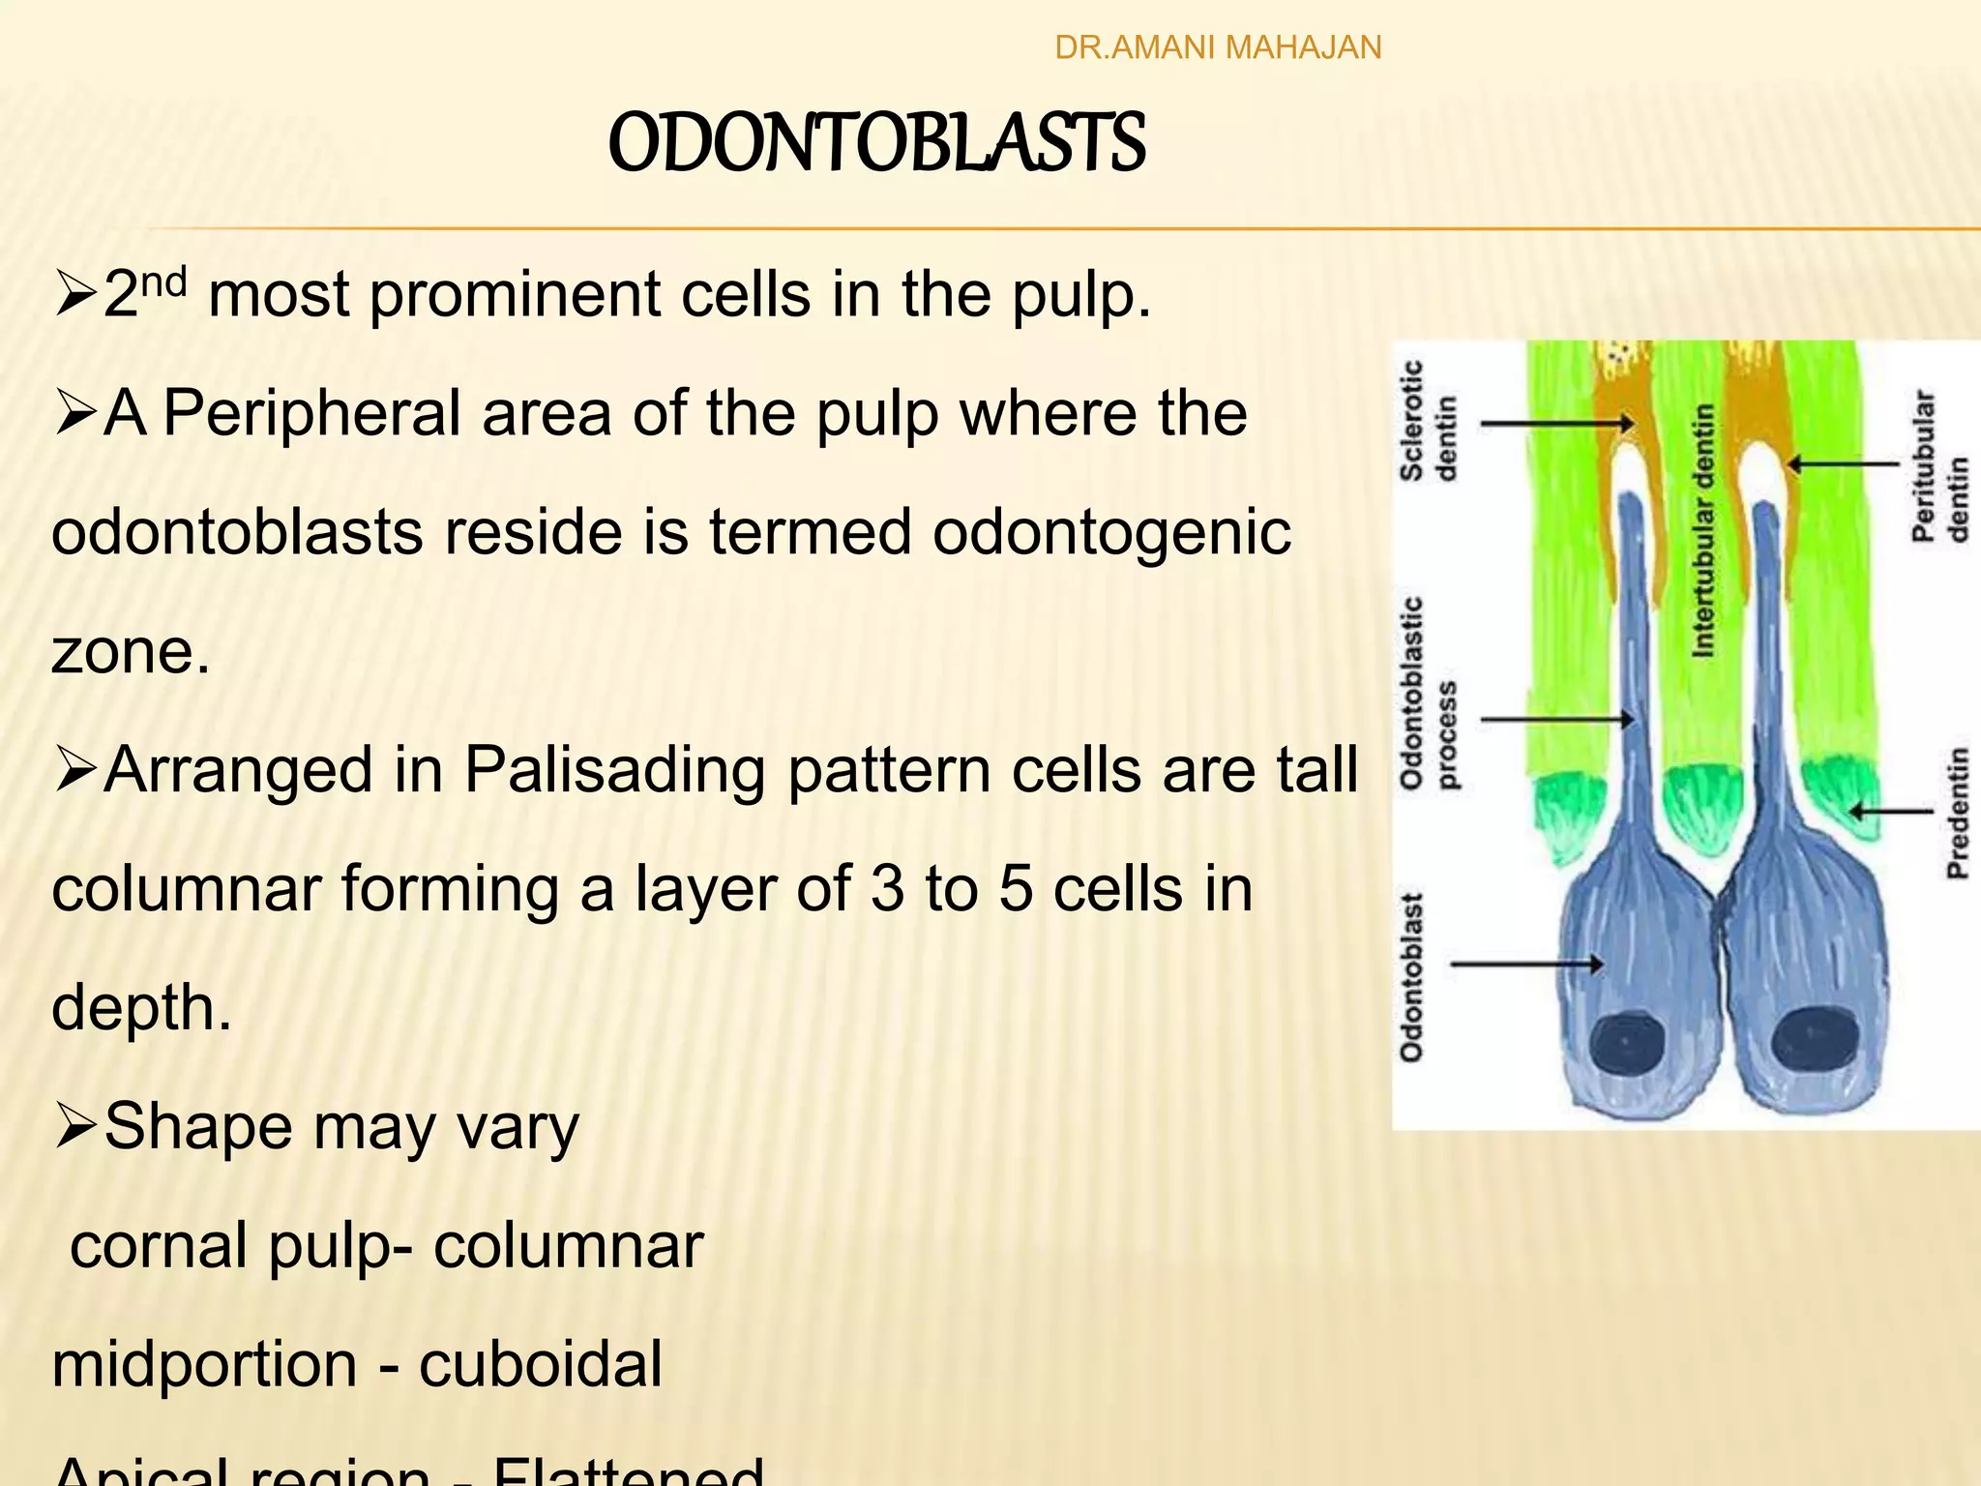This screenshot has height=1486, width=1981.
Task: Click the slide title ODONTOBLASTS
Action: [876, 143]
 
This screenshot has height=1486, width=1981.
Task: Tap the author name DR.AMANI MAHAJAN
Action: [1218, 47]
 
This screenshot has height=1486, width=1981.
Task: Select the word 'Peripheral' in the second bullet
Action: [311, 413]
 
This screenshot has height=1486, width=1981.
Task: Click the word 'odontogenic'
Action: [1111, 532]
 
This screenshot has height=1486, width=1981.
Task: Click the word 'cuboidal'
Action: [540, 1364]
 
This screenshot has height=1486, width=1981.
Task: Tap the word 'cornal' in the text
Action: [159, 1246]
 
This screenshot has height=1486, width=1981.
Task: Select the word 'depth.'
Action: [141, 1008]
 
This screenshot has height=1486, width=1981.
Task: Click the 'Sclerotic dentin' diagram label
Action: [1428, 421]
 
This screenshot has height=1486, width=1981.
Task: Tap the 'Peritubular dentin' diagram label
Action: [1938, 466]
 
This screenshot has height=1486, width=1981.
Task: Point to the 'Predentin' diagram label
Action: [1957, 812]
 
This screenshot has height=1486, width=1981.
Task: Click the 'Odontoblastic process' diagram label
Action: [1428, 693]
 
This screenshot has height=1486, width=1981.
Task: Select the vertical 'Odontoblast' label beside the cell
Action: [1412, 977]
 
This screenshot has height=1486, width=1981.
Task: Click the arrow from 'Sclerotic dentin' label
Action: [1557, 423]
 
